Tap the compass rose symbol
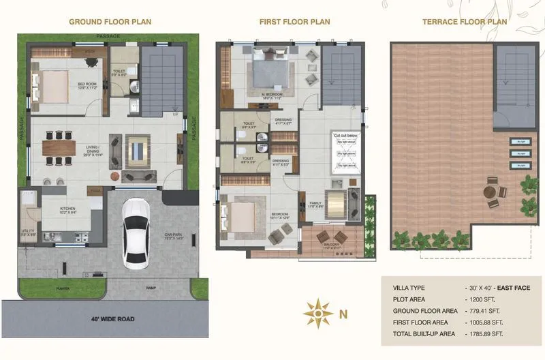pos(317,314)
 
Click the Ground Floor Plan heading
pos(110,22)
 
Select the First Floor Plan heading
pos(294,22)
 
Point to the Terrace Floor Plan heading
pos(465,22)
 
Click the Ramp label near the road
pos(151,288)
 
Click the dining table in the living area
pos(59,149)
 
